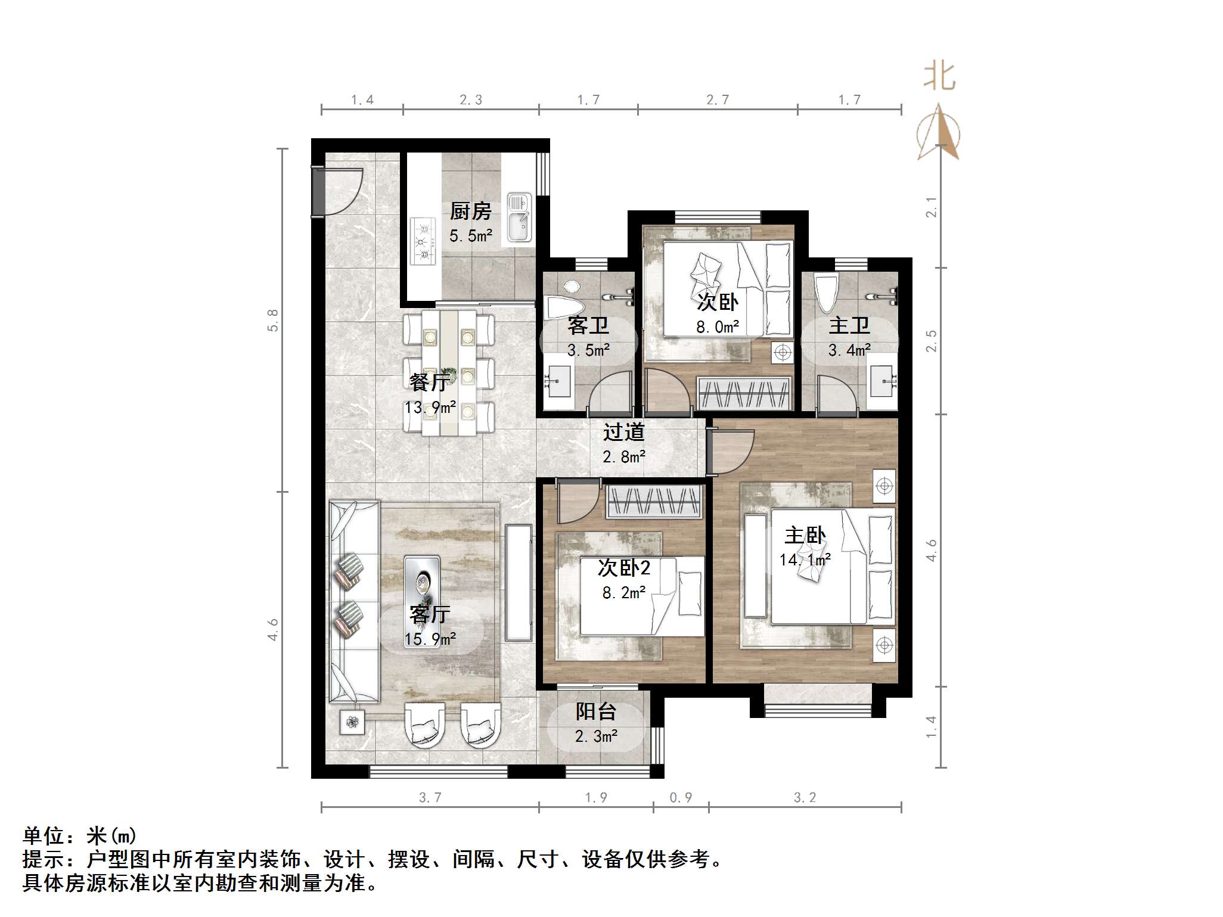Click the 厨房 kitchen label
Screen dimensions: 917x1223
470,211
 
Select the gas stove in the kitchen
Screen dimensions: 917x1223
423,241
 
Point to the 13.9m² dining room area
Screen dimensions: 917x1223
430,408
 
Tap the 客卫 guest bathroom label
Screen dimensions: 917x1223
588,326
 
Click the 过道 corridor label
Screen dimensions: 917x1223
623,432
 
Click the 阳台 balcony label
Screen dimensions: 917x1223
595,711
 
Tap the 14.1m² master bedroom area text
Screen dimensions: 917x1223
805,560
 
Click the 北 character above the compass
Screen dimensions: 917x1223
939,77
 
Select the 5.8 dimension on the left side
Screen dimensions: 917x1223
272,320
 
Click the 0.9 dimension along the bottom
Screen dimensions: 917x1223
681,798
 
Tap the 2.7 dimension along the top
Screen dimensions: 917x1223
718,100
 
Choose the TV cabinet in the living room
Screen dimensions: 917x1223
519,582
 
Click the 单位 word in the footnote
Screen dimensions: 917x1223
44,836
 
